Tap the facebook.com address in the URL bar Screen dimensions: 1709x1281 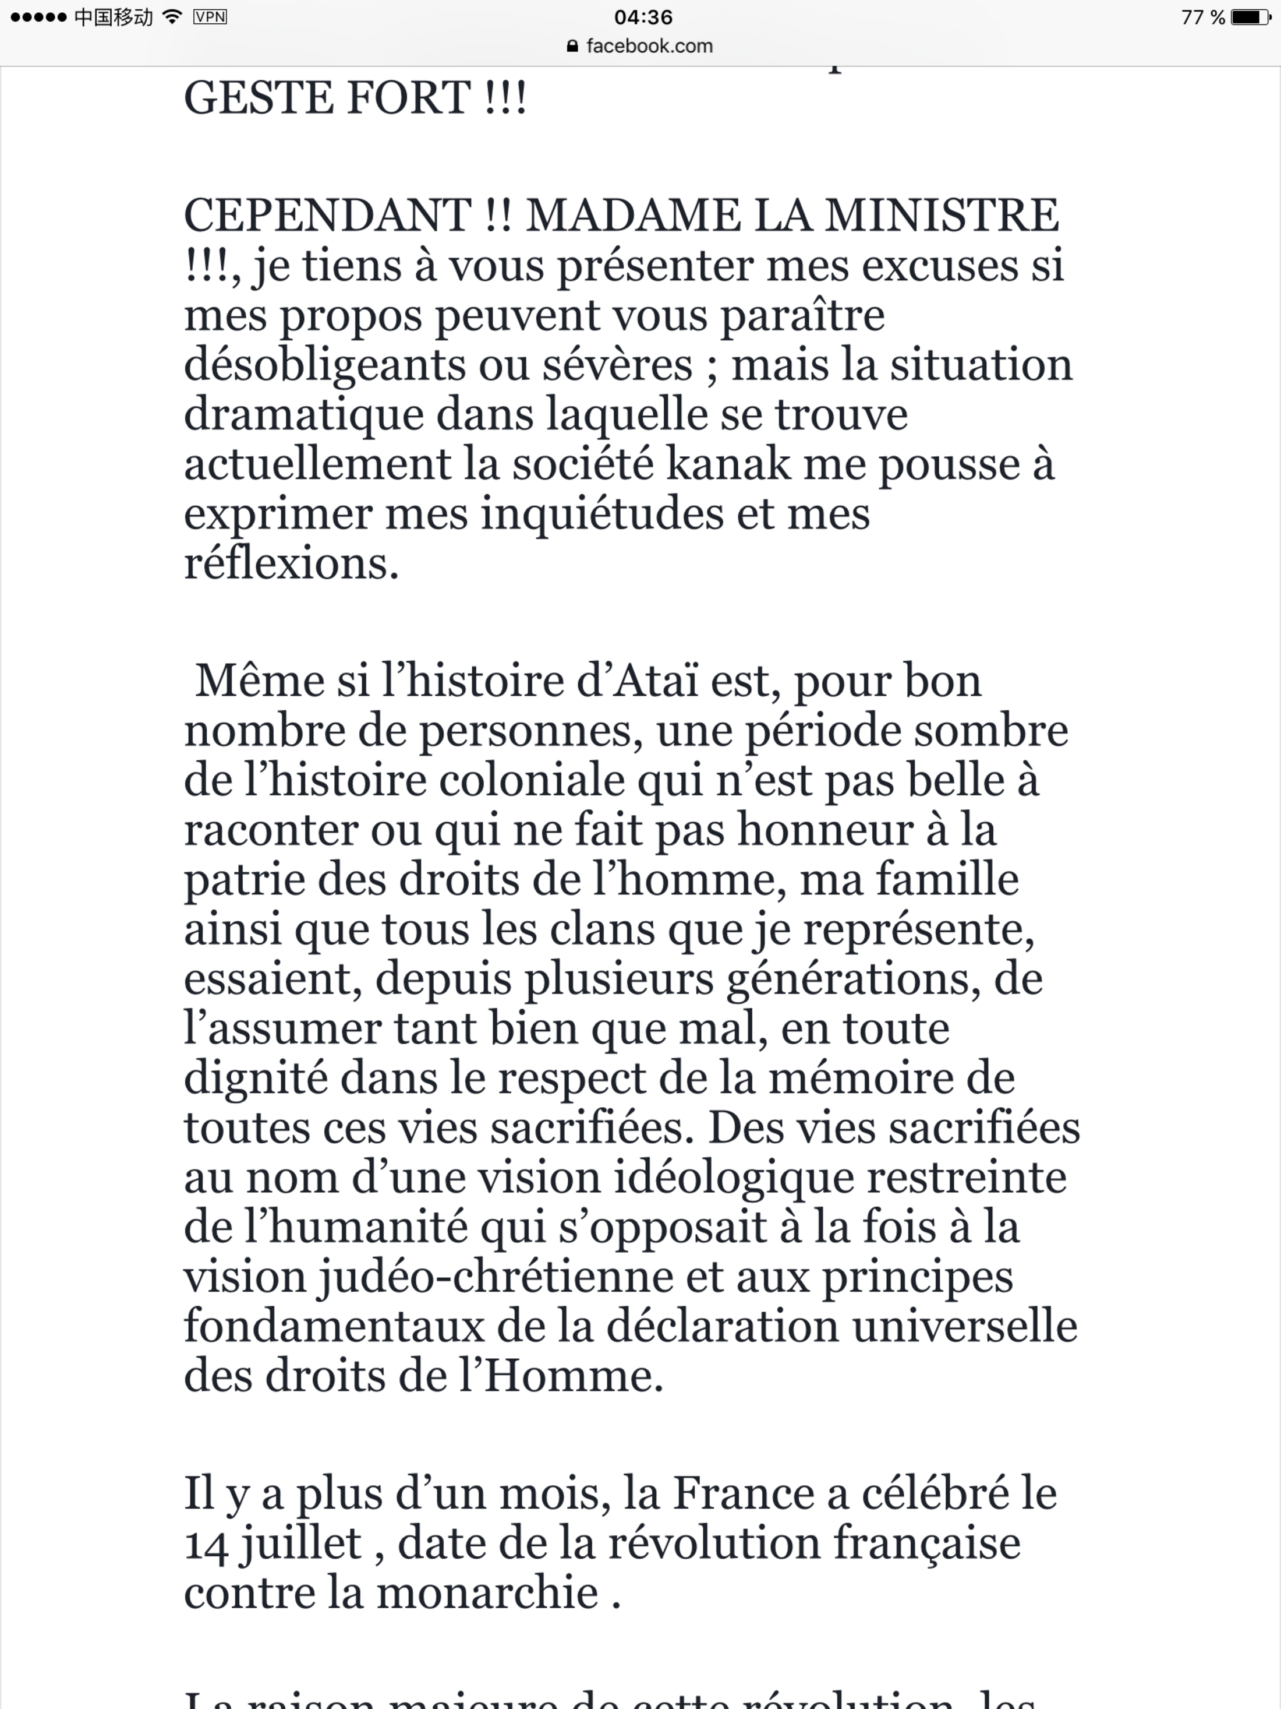pos(649,47)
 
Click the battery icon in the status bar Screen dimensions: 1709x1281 pos(1250,17)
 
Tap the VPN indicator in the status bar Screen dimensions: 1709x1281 pos(210,17)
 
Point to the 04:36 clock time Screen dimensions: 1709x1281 pos(643,17)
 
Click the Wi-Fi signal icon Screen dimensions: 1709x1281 pos(173,17)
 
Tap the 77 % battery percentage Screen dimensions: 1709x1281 pos(1203,17)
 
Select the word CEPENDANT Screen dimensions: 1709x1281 pos(327,216)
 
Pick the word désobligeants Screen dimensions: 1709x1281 pos(324,365)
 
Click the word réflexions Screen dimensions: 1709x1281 pos(291,563)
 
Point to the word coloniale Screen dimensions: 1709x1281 pos(532,780)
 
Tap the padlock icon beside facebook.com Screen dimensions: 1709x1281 pos(572,47)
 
